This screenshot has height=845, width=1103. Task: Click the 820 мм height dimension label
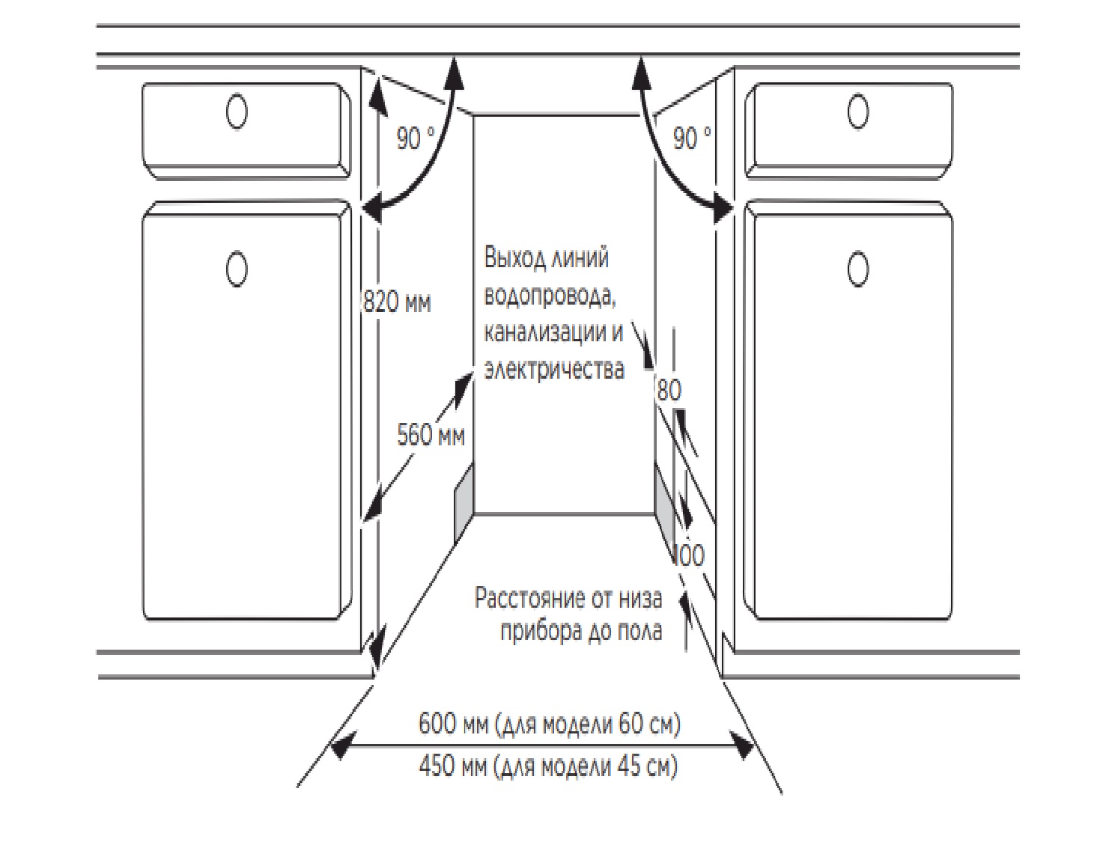click(398, 302)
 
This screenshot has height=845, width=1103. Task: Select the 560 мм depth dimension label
click(431, 435)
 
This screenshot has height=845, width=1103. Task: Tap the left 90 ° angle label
click(416, 138)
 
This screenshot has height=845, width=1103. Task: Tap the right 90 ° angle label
click(692, 138)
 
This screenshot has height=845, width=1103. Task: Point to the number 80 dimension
click(669, 391)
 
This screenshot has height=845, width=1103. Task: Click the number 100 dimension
click(690, 556)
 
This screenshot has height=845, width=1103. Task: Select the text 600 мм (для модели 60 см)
click(549, 724)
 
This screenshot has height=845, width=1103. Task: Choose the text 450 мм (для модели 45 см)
click(548, 766)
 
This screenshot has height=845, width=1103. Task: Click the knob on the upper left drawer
click(237, 112)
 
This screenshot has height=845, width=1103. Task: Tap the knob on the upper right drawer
click(858, 112)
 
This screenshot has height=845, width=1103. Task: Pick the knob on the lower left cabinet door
click(237, 269)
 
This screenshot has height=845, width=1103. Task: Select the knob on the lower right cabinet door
click(858, 269)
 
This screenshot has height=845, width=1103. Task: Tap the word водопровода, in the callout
click(550, 295)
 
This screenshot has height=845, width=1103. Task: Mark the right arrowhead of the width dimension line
click(741, 745)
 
